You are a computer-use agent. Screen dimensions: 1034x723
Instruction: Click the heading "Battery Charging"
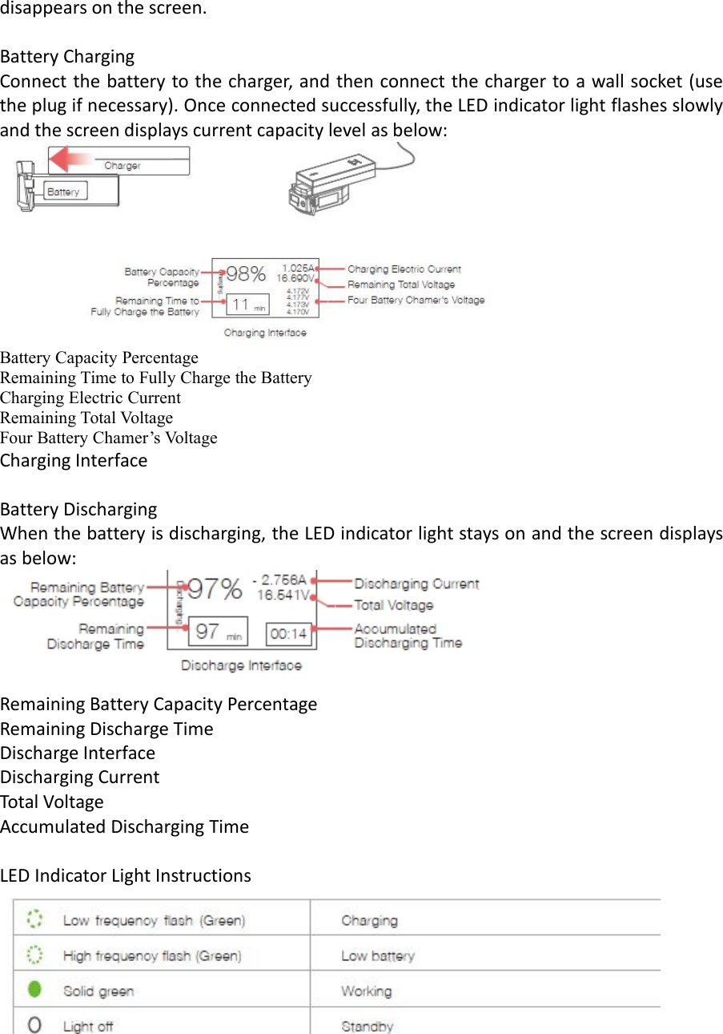(67, 57)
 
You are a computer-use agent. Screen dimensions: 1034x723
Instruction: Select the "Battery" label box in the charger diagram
(64, 192)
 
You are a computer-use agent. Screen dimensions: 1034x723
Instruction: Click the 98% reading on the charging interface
(246, 274)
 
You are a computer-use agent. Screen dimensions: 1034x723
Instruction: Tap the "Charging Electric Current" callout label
(404, 269)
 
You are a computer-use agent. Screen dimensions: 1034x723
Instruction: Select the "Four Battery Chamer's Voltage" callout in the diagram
(416, 301)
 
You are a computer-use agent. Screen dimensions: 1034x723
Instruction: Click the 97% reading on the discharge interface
(214, 589)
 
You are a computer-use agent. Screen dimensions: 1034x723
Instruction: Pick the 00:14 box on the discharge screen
(288, 633)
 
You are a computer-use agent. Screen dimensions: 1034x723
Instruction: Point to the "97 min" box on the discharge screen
(219, 632)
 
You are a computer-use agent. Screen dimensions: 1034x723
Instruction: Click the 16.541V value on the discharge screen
(283, 596)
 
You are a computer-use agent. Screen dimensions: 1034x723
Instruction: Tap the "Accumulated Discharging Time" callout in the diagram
(408, 636)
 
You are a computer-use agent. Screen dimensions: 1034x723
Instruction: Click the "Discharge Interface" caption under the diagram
(241, 665)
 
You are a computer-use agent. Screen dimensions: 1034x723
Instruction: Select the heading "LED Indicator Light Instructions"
(126, 875)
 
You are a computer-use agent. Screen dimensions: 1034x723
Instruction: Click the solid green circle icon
(34, 990)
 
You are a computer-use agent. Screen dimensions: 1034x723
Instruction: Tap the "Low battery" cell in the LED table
(378, 955)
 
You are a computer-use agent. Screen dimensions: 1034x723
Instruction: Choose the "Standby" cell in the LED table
(368, 1026)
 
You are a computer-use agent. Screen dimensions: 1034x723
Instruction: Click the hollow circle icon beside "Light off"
(34, 1025)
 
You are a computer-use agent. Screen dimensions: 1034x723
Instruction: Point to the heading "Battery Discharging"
(78, 510)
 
